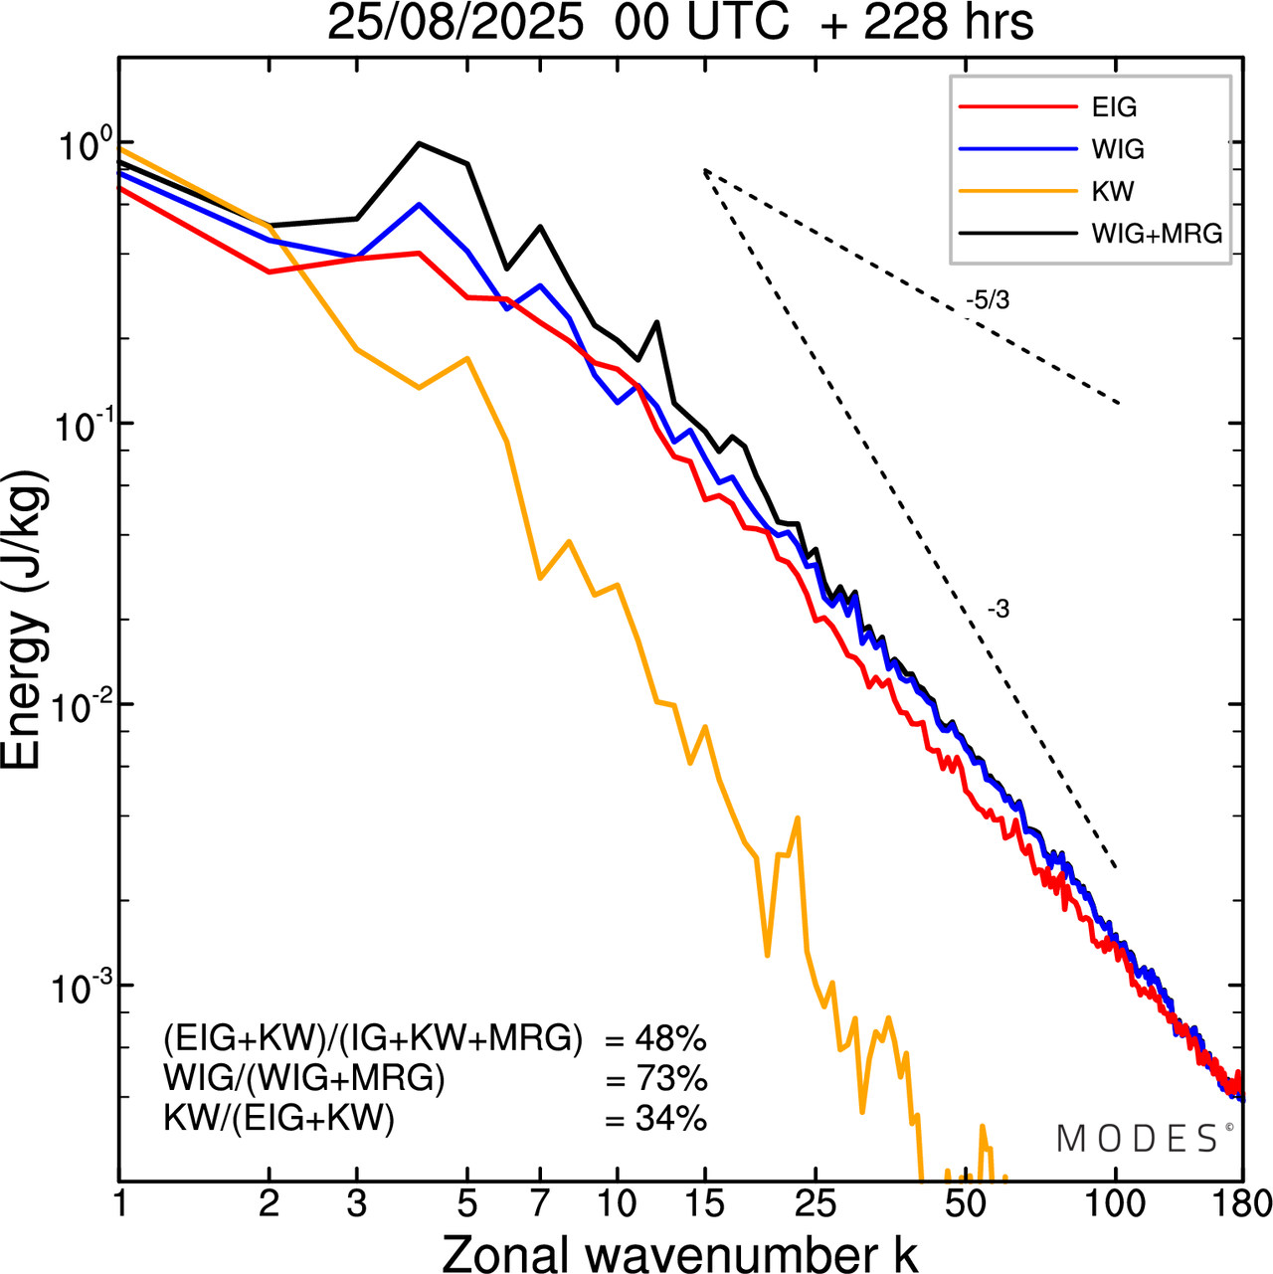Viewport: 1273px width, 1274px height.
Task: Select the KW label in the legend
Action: click(x=1113, y=191)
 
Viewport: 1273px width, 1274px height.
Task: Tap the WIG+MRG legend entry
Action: click(x=1157, y=234)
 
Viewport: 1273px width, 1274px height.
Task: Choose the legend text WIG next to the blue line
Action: click(x=1118, y=149)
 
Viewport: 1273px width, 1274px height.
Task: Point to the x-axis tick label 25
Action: click(x=816, y=1204)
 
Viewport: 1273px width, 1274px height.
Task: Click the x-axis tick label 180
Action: click(x=1242, y=1204)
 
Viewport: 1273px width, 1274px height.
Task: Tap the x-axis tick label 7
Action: click(x=540, y=1204)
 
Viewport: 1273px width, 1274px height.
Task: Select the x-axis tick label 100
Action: click(x=1115, y=1204)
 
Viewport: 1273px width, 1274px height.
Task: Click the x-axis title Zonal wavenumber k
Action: click(x=680, y=1253)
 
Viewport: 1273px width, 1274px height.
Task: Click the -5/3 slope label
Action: click(x=988, y=299)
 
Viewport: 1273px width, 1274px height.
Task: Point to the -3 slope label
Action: click(x=999, y=610)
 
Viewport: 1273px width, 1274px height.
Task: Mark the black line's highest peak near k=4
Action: click(x=420, y=143)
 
